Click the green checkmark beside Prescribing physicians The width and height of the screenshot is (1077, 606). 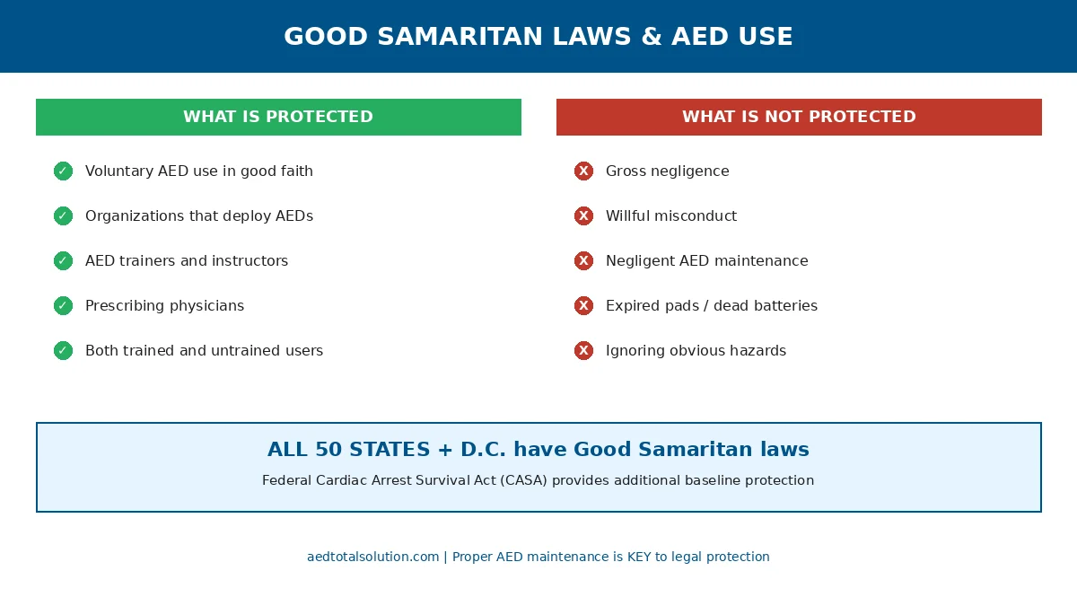[63, 305]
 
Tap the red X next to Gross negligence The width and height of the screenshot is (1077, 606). [583, 171]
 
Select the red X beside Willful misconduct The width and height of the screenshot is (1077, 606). [583, 215]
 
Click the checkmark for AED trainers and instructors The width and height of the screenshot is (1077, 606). [63, 260]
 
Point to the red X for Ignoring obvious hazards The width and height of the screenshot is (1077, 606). [583, 350]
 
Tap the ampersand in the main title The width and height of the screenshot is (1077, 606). [651, 37]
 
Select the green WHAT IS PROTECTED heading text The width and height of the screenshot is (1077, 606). [278, 117]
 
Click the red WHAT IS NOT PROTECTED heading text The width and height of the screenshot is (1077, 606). [799, 117]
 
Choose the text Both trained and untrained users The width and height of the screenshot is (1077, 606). [204, 351]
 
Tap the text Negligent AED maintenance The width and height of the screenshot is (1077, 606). [707, 260]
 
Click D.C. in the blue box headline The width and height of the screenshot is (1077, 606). [483, 449]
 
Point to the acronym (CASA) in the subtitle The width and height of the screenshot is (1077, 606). [523, 480]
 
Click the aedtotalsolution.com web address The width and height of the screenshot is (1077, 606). [372, 557]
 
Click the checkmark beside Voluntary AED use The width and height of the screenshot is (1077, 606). [63, 171]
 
